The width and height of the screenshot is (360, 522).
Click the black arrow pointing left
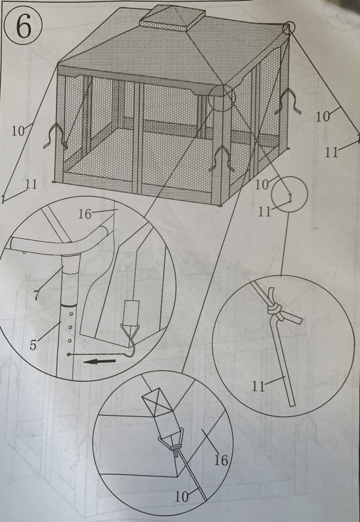(x=100, y=361)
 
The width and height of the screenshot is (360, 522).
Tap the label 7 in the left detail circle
(x=37, y=295)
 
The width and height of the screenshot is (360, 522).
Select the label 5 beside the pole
(x=33, y=345)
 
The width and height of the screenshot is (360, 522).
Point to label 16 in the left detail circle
(x=85, y=214)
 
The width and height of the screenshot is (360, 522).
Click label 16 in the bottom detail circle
(x=221, y=461)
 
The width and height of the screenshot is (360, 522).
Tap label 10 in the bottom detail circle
(x=182, y=497)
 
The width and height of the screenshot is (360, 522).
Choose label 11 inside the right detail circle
(x=258, y=386)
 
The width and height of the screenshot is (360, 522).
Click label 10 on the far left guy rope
(x=18, y=131)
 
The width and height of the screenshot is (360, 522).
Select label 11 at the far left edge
(x=31, y=184)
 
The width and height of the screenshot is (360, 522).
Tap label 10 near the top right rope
(x=322, y=117)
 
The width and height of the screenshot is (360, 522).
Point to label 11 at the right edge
(x=331, y=153)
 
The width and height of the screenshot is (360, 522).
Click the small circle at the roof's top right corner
(x=288, y=29)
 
